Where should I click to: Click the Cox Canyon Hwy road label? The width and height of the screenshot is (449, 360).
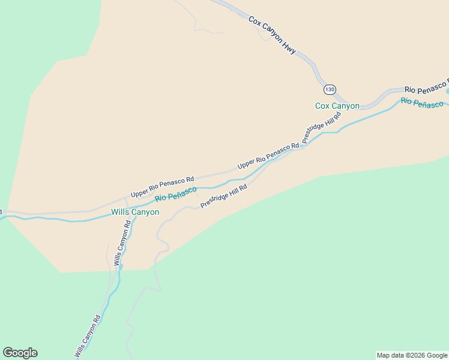point(273,36)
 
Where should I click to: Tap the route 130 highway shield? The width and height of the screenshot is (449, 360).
point(330,89)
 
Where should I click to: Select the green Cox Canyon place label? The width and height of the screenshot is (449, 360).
point(337,106)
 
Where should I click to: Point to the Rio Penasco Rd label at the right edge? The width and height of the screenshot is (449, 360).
point(426,86)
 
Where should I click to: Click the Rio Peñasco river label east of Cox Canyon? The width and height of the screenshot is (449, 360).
point(422,103)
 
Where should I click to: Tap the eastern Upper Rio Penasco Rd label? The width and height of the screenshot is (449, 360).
point(268,156)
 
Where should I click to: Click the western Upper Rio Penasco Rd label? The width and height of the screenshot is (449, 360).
point(163,187)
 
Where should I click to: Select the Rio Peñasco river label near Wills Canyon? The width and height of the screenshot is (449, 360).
point(176,194)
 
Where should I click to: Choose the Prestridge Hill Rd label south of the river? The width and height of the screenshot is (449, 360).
point(224,196)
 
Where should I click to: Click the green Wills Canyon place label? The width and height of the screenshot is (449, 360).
point(135,212)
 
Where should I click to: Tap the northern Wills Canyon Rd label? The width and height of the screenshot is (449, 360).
point(122,244)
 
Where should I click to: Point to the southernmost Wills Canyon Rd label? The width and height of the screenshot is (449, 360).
point(88,338)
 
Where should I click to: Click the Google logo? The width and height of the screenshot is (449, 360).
point(20,353)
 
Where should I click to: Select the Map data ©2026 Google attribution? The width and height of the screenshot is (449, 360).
point(412,355)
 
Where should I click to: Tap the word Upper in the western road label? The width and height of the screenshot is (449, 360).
point(139,193)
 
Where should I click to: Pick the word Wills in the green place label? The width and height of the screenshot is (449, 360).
point(119,212)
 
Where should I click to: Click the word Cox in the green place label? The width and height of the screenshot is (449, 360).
point(323,106)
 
